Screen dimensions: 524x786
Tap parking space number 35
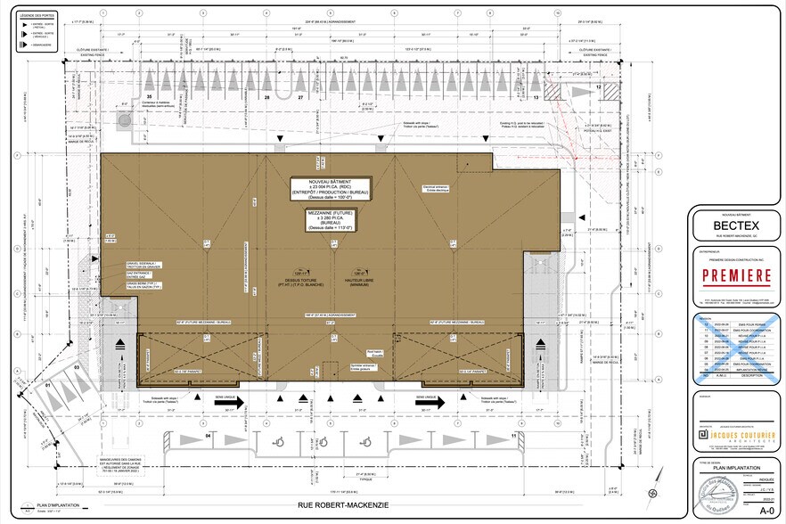click(150, 96)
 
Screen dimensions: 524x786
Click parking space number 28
click(266, 96)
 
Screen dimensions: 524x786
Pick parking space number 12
click(598, 87)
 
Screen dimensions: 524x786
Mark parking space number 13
click(536, 96)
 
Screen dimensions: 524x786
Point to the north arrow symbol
click(657, 493)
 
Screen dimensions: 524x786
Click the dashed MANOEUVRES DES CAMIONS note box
click(97, 464)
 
